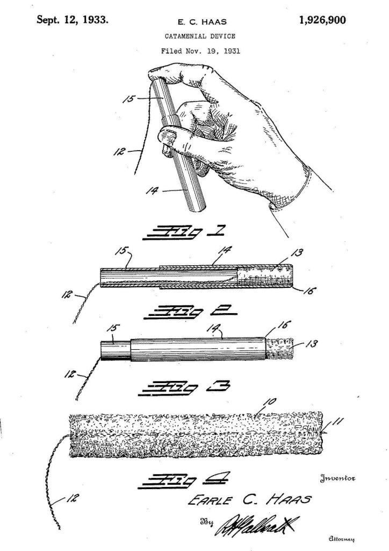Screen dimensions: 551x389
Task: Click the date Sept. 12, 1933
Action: (x=72, y=20)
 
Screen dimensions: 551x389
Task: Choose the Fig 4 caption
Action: (x=182, y=477)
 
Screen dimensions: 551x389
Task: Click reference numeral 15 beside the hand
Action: (x=128, y=98)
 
